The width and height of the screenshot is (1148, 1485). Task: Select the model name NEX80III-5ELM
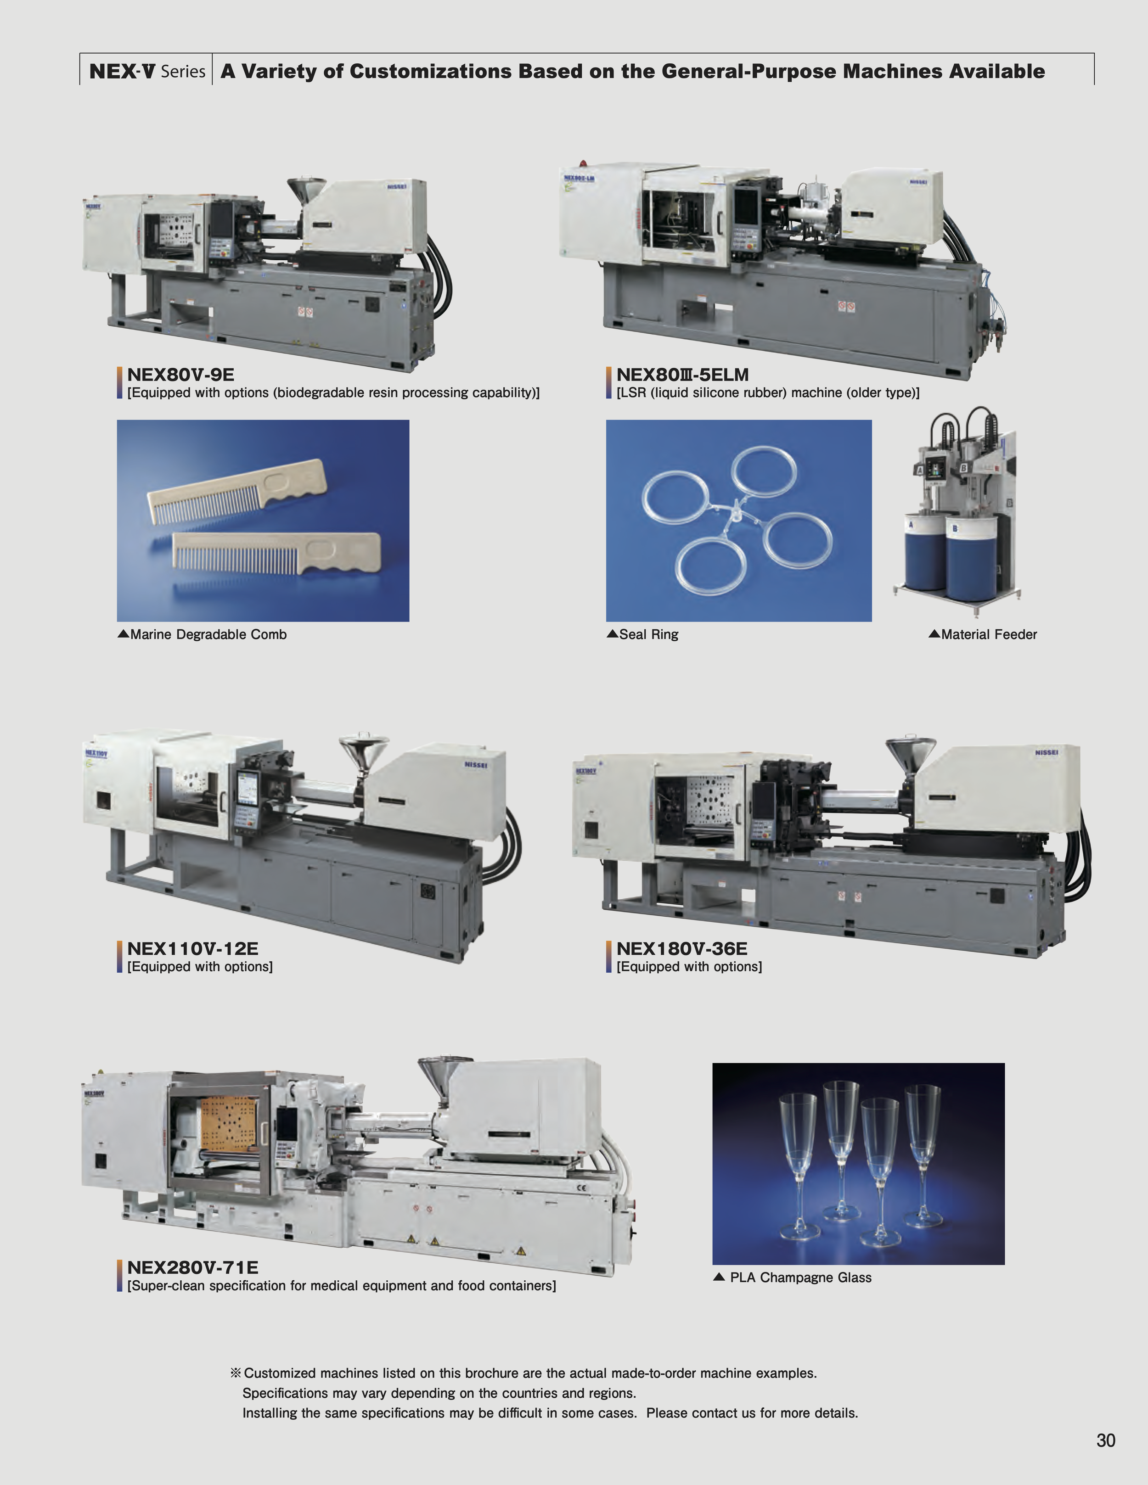(682, 375)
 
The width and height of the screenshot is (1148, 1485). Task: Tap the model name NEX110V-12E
(192, 948)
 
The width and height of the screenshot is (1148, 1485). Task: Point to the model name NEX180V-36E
(681, 948)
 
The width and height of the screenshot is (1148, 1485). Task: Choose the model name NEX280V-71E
(192, 1267)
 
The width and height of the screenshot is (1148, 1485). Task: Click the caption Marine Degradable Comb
(208, 634)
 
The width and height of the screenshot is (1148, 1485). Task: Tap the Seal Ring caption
(648, 634)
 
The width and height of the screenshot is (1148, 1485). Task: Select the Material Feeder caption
(988, 634)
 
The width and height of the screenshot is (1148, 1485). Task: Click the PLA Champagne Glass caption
(800, 1278)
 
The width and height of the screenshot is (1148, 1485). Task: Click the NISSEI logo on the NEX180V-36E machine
(1046, 753)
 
